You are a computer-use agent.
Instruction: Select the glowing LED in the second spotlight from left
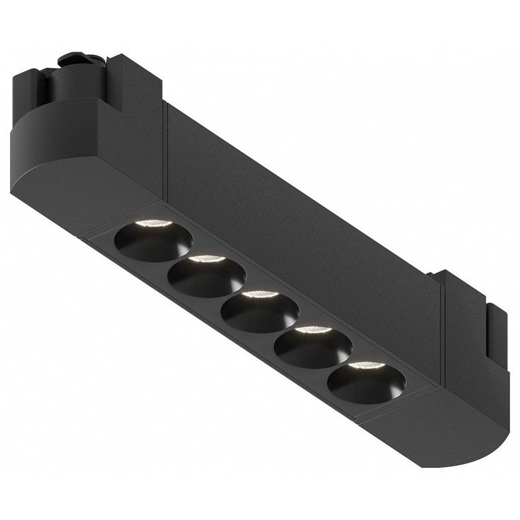pos(206,259)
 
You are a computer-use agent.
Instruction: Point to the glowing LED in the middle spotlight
pos(259,294)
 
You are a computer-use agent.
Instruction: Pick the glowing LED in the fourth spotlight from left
pos(312,330)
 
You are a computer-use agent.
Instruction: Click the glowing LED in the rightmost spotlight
pos(365,365)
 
